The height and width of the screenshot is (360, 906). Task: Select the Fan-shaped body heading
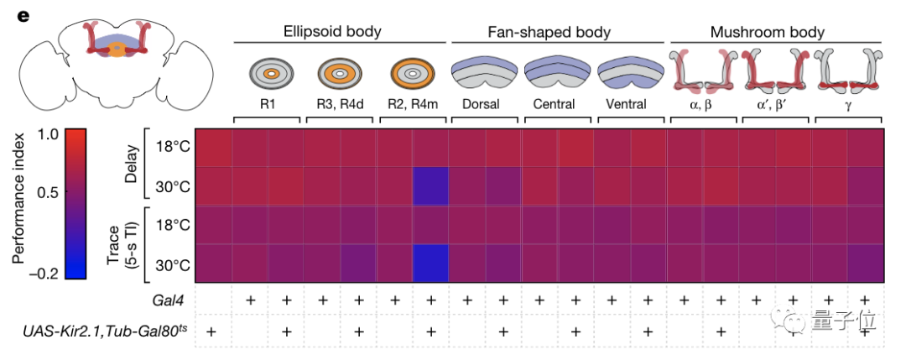point(549,33)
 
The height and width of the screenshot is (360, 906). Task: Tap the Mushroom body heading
point(767,33)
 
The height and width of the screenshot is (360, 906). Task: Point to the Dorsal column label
point(482,105)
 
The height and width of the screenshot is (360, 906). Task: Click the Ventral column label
point(627,105)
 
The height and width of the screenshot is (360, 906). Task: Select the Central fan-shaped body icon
point(555,73)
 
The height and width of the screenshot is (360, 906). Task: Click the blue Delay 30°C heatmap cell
point(430,186)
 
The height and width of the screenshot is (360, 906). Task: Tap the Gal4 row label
point(174,300)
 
